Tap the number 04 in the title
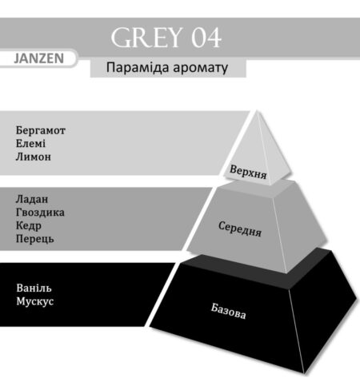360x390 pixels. click(x=206, y=38)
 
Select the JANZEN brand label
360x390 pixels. click(x=39, y=58)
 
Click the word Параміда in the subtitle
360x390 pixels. click(x=138, y=68)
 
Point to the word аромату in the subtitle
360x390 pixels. click(x=201, y=69)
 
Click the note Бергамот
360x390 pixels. click(x=41, y=130)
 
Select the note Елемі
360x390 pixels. click(x=30, y=144)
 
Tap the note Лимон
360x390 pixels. click(x=34, y=157)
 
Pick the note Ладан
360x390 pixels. click(x=32, y=199)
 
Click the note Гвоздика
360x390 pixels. click(x=40, y=213)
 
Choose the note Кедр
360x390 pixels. click(x=29, y=226)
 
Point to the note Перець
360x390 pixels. click(x=34, y=239)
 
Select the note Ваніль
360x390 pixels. click(x=34, y=288)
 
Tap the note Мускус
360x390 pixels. click(x=35, y=301)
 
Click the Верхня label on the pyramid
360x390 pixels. click(x=248, y=172)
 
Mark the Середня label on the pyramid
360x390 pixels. click(x=240, y=229)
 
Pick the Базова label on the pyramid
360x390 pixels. click(x=228, y=311)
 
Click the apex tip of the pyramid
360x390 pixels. click(x=257, y=111)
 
